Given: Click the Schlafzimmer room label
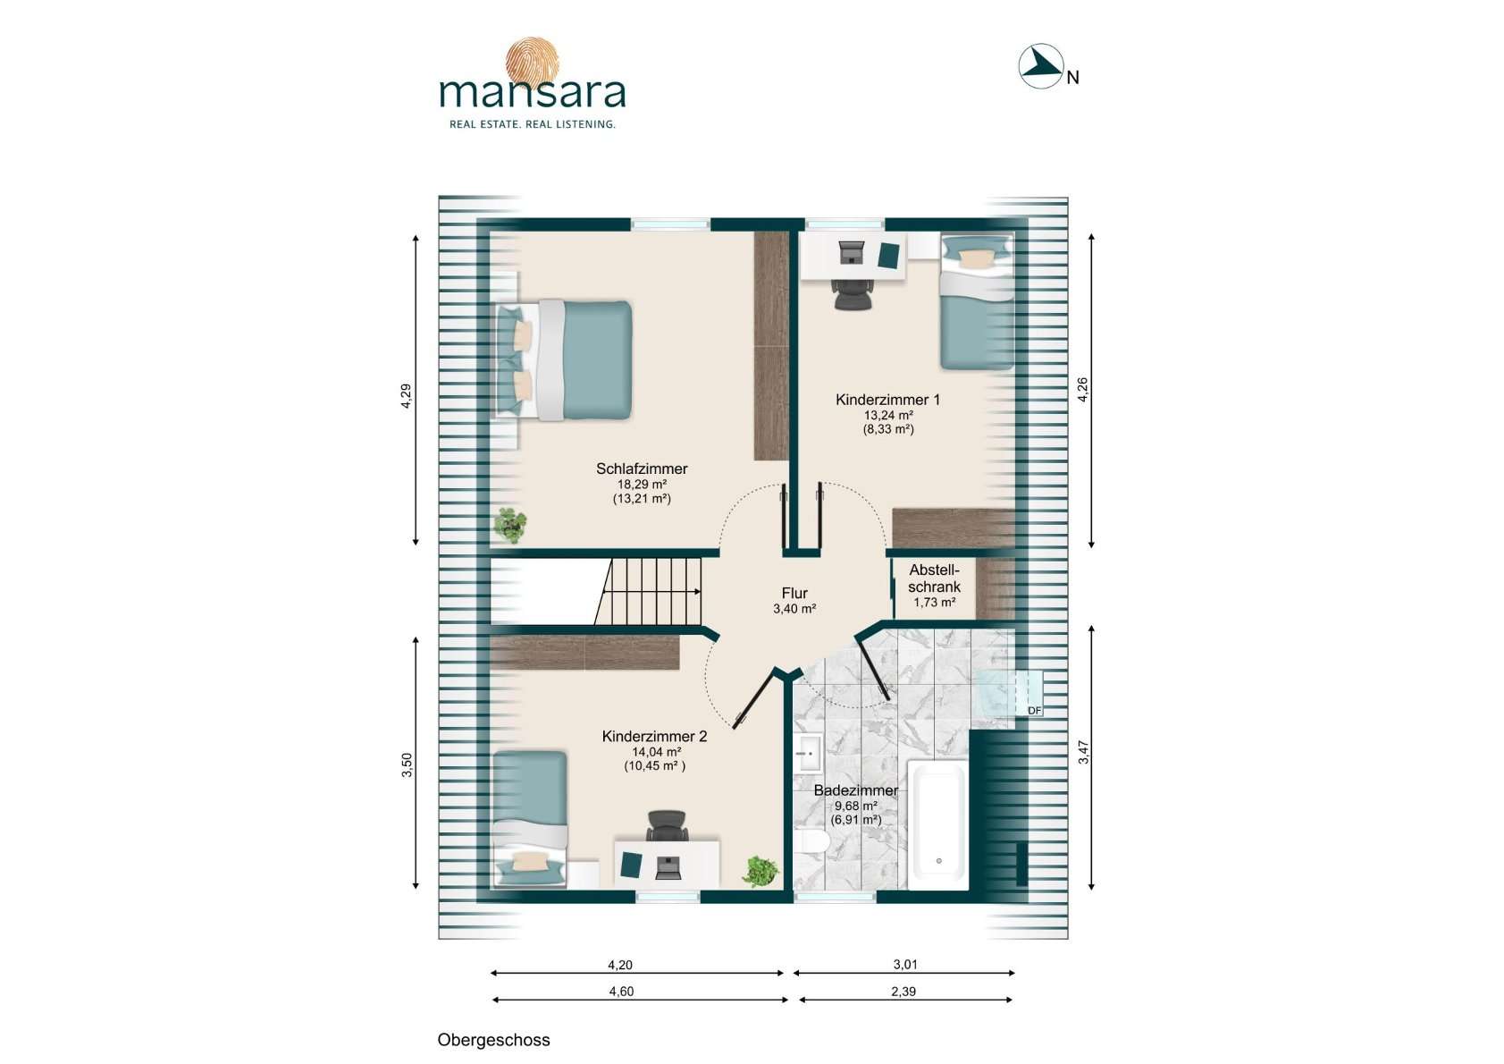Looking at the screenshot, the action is coord(642,469).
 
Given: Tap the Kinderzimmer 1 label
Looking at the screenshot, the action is coord(887,400).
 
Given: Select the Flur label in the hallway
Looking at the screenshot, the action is coord(794,593).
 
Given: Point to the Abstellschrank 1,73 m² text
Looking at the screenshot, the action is coord(934,586).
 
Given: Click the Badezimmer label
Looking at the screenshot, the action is coord(855,790).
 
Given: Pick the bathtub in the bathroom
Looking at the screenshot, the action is coord(938,825).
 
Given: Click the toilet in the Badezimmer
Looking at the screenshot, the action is coord(812,840).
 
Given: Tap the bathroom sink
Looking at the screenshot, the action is coord(808,754).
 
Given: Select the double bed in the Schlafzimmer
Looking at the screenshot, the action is coord(564,360).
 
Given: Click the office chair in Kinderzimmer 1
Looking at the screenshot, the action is coord(852,293).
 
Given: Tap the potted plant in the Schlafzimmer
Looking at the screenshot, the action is coord(509,525).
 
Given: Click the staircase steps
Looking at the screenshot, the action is coord(648,591).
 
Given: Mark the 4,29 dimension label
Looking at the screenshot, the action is coord(407,396).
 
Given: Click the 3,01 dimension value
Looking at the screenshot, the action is coord(905,965).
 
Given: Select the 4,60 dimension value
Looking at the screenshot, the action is coord(621,992).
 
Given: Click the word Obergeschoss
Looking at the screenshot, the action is coord(493,1040).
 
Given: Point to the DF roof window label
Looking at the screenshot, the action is coord(1035,710).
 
